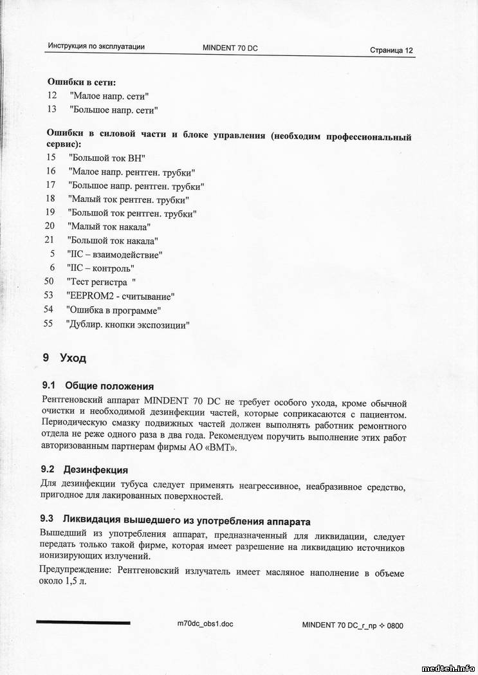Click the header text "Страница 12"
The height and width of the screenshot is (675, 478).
391,50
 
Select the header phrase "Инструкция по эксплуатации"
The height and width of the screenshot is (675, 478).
96,46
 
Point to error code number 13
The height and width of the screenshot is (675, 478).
52,109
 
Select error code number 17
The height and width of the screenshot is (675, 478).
51,185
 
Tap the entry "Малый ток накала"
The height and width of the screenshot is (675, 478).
109,227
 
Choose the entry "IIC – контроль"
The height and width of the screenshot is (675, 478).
100,268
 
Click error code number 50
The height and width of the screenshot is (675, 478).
49,281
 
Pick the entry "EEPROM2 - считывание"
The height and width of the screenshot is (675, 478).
120,296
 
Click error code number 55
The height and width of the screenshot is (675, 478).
48,324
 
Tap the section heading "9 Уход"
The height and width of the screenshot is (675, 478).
64,358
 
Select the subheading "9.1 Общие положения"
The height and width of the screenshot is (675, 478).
97,386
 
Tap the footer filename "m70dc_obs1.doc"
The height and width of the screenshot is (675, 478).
205,624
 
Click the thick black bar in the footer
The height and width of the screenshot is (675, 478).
83,622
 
